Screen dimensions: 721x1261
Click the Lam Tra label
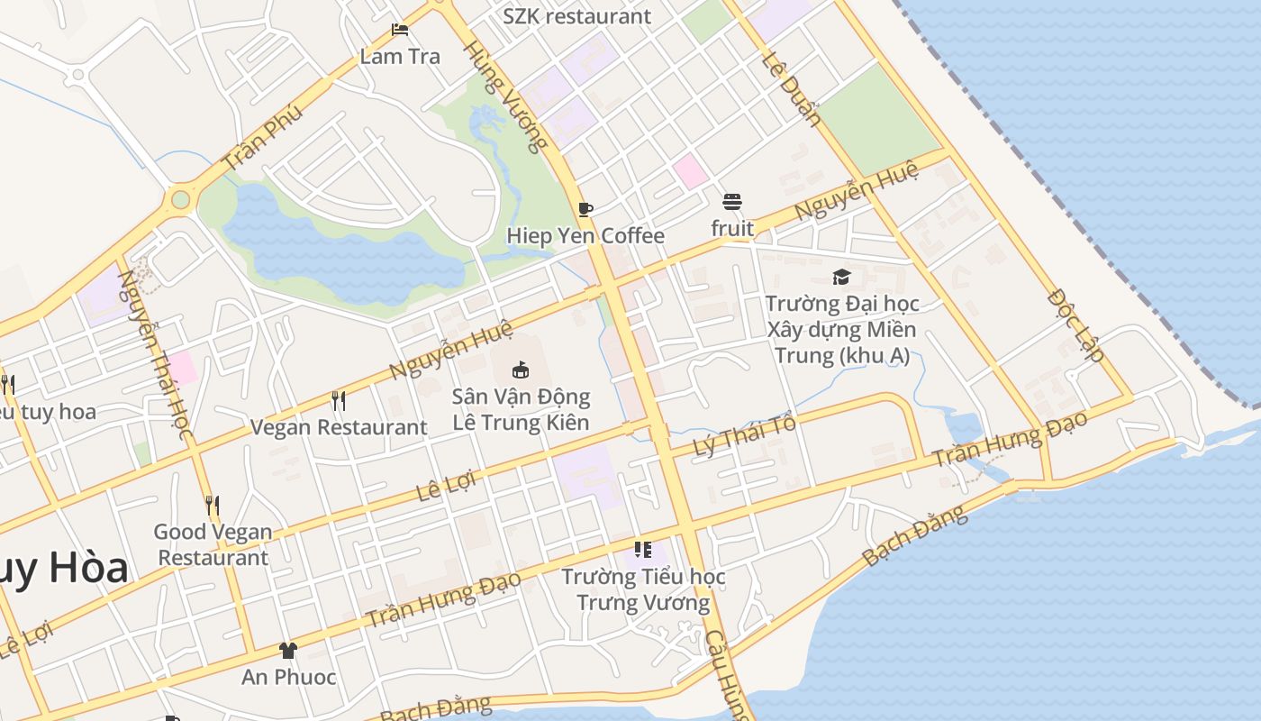click(x=400, y=56)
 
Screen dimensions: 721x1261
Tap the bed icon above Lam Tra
click(x=400, y=31)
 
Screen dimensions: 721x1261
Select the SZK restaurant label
click(x=576, y=16)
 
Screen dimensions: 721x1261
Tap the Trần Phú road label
click(x=262, y=138)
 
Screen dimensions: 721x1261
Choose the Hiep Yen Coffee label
click(x=585, y=236)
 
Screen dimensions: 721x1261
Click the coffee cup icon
click(x=585, y=210)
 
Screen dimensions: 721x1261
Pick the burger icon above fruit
click(x=732, y=201)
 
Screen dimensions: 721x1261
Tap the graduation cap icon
click(x=841, y=277)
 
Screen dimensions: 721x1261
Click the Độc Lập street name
click(x=1076, y=324)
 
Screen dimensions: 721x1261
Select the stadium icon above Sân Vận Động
click(x=521, y=370)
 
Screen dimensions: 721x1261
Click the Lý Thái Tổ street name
click(x=745, y=436)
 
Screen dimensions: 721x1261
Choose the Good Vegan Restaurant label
click(x=213, y=544)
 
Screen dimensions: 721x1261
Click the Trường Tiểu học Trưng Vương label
click(x=643, y=589)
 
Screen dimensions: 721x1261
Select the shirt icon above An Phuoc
click(x=288, y=651)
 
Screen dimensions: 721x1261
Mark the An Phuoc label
click(x=288, y=677)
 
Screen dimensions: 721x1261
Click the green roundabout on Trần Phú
click(x=181, y=199)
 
